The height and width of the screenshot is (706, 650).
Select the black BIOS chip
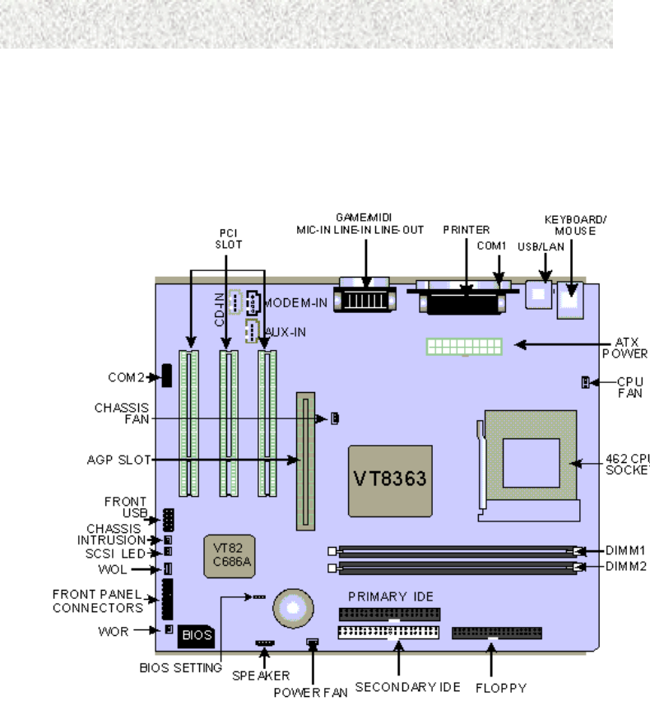click(x=197, y=635)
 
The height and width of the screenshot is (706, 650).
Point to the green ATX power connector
click(x=463, y=345)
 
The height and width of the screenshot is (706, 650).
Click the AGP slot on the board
click(x=307, y=461)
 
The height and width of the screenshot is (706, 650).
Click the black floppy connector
click(x=497, y=633)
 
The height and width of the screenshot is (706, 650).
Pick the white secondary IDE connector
click(x=388, y=633)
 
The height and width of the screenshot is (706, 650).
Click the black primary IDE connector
click(x=389, y=615)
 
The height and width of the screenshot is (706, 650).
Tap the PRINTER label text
click(x=467, y=230)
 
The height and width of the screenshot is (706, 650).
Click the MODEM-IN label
click(x=295, y=303)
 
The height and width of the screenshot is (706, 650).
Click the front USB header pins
click(x=169, y=520)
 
